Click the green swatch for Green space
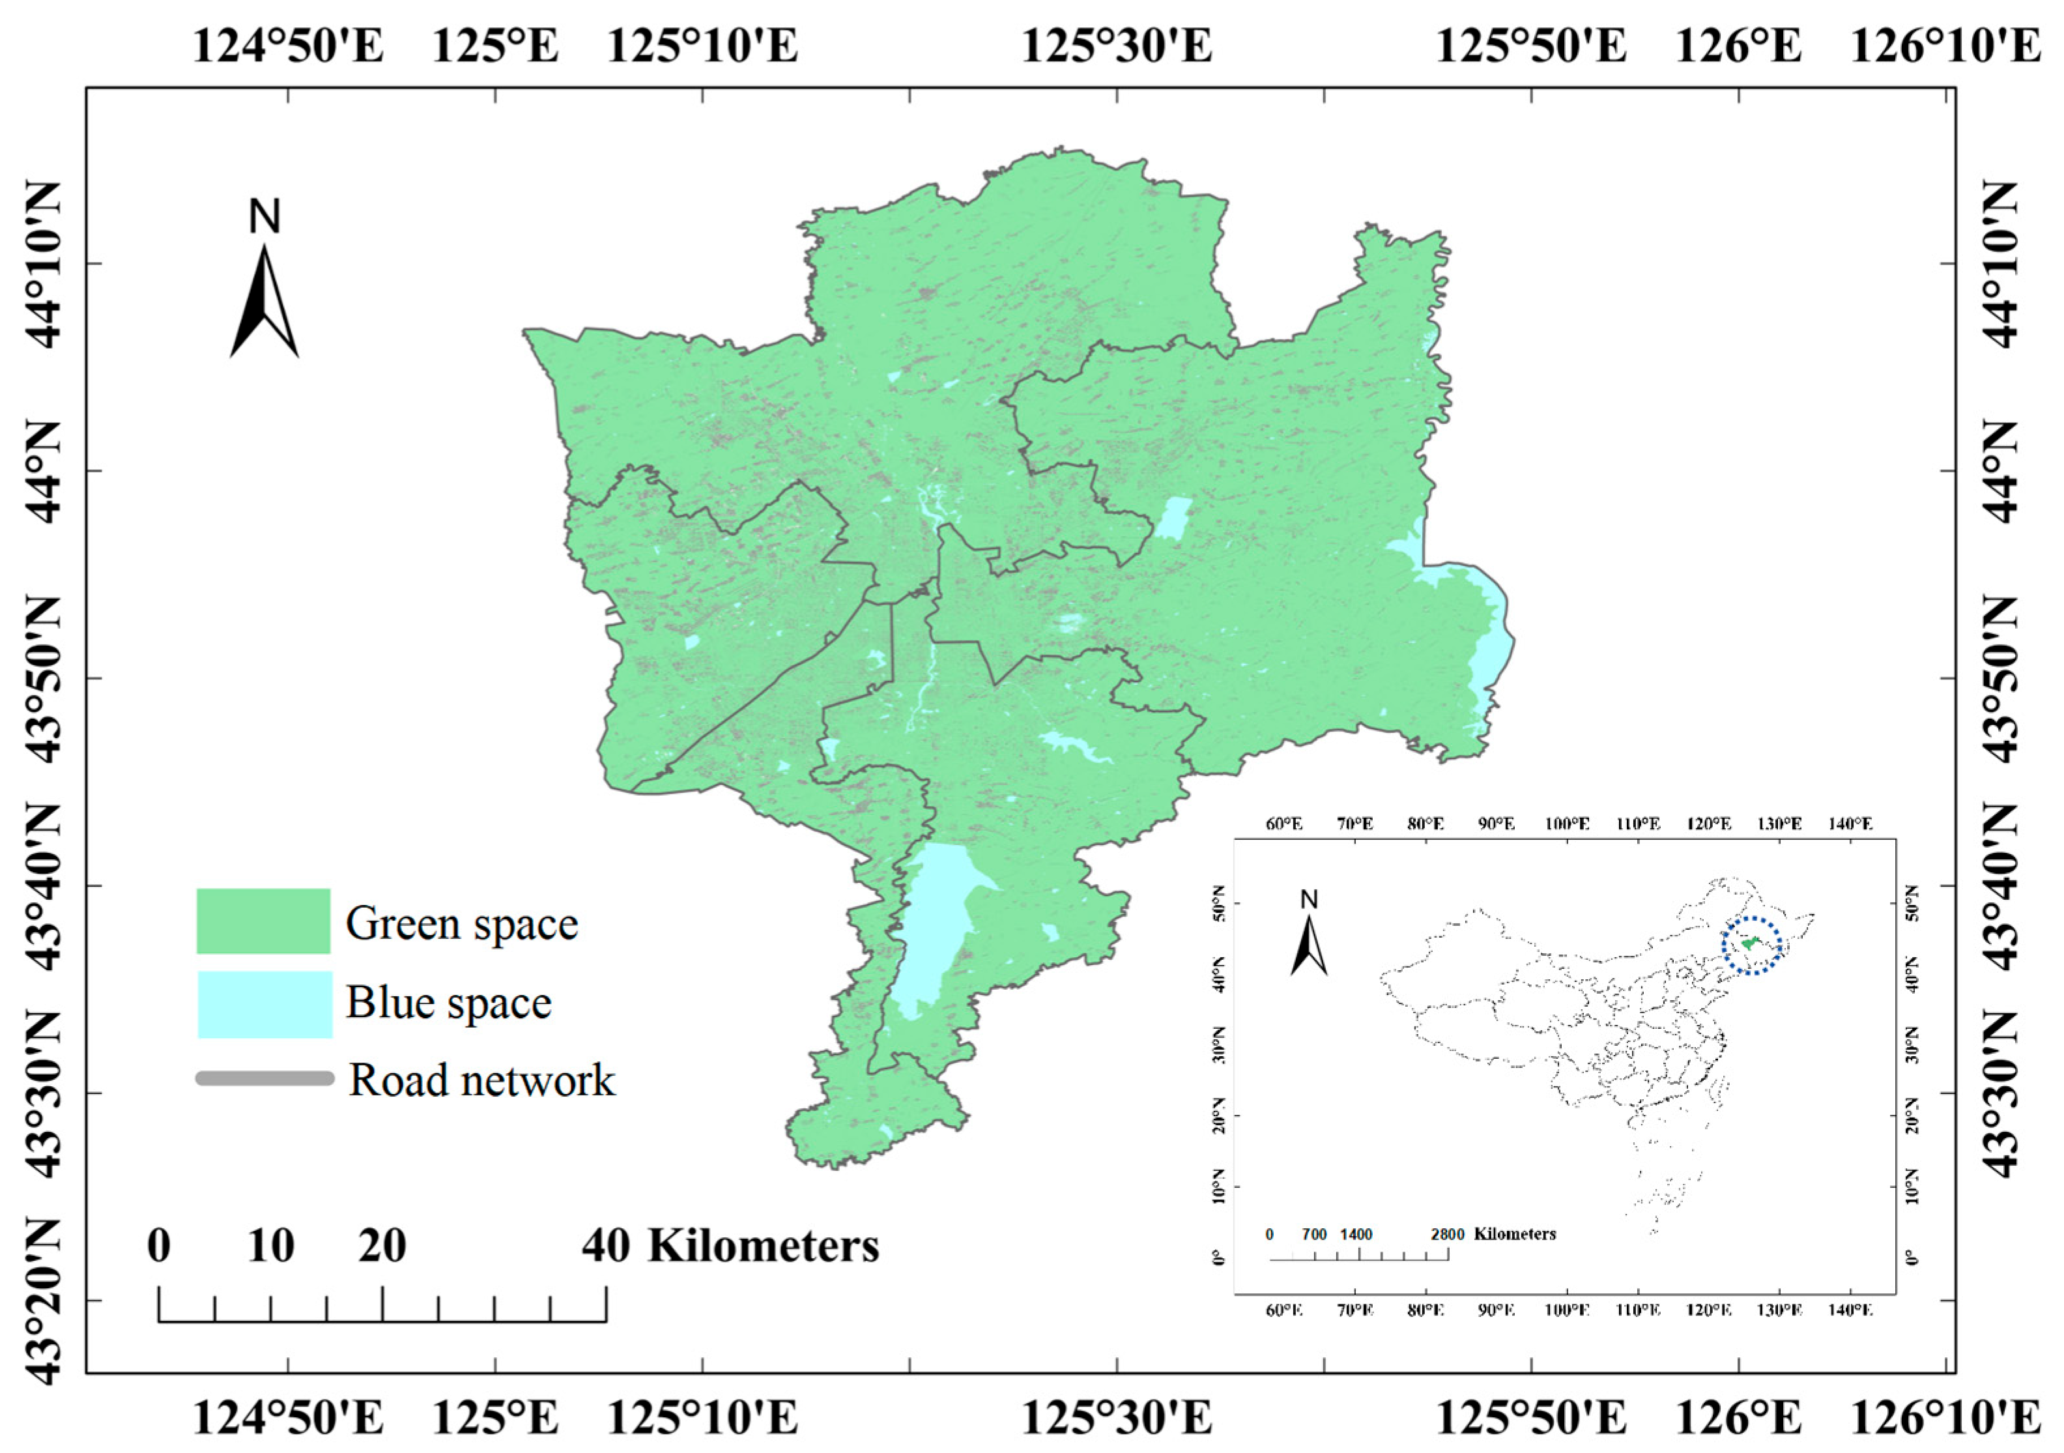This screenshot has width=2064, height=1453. point(263,921)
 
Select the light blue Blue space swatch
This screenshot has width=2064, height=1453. point(265,1003)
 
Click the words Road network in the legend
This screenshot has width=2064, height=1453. point(482,1080)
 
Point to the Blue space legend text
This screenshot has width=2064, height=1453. point(449,1003)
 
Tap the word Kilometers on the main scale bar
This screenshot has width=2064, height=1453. point(763,1246)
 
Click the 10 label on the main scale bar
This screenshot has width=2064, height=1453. point(270,1246)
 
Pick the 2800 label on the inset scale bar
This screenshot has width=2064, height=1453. point(1447,1235)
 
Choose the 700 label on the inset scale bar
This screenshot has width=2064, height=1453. point(1314,1235)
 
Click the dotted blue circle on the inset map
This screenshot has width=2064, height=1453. point(1752,945)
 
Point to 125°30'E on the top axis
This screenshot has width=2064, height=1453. point(1117,45)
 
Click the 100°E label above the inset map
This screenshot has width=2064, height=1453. point(1567,824)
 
